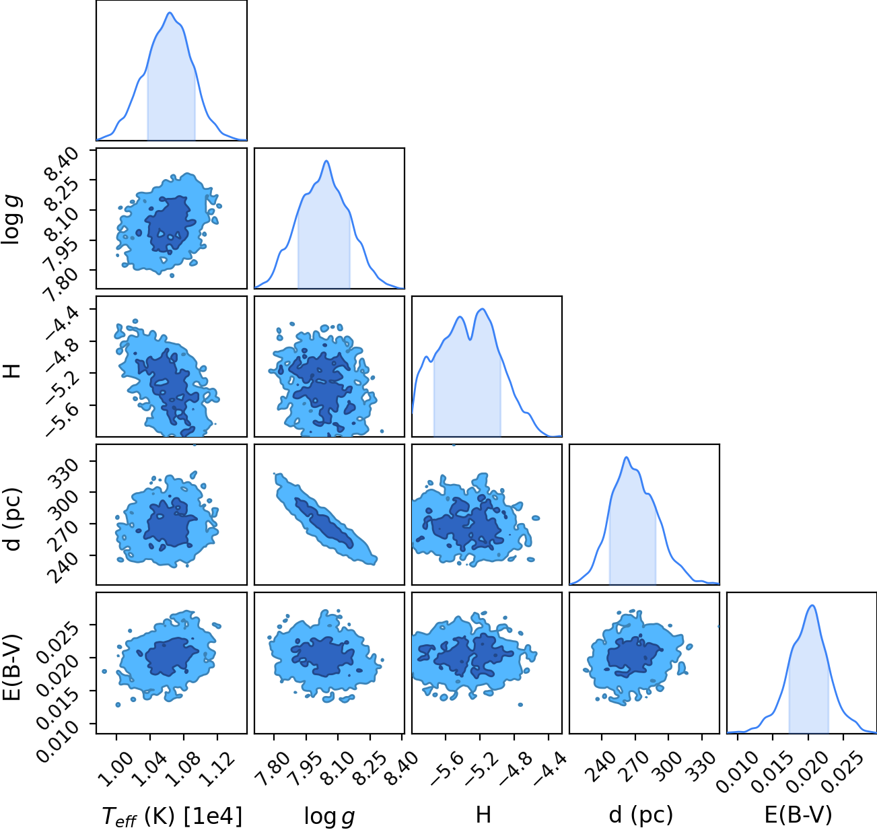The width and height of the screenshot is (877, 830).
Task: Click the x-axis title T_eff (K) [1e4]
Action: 172,816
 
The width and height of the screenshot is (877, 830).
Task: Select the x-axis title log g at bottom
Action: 329,817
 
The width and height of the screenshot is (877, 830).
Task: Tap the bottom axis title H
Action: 483,815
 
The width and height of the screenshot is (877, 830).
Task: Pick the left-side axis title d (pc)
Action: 13,520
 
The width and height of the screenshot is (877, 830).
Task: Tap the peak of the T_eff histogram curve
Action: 170,13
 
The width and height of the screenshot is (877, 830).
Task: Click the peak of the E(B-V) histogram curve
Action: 812,606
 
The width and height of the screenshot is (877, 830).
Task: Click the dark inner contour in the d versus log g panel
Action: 324,524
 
